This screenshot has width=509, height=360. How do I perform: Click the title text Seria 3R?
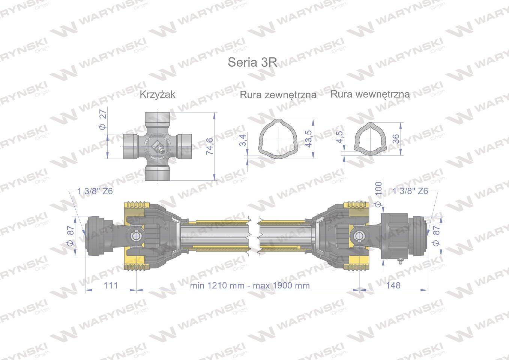click(252, 62)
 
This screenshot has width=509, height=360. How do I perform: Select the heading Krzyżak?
click(157, 94)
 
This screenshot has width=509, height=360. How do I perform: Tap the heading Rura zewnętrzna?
click(278, 95)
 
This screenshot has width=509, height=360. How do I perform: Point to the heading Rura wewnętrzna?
click(370, 94)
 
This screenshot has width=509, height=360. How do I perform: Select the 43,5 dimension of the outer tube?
click(309, 139)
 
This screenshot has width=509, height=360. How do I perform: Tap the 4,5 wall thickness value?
click(340, 137)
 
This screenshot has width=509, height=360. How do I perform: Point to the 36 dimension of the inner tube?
click(395, 139)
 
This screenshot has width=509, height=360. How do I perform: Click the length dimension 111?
click(111, 285)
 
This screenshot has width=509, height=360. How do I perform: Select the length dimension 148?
click(393, 285)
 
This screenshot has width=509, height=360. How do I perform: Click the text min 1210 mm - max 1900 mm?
click(250, 285)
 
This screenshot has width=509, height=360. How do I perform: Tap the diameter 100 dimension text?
click(378, 193)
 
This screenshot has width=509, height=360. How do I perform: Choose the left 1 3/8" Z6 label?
click(95, 191)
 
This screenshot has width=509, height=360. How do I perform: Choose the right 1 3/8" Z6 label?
click(410, 191)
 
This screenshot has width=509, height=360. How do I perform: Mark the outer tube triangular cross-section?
click(278, 137)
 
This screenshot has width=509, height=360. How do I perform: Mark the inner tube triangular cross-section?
click(368, 137)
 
